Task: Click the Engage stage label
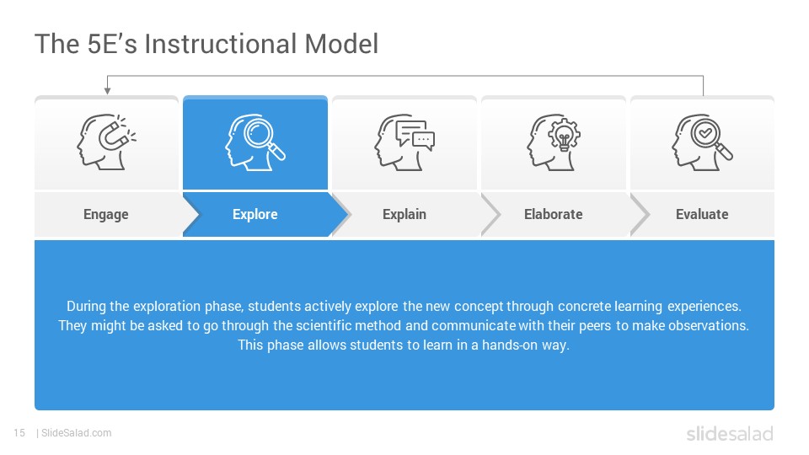coord(106,214)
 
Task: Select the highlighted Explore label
coord(254,214)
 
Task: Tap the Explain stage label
coord(404,214)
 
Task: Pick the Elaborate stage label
coord(553,214)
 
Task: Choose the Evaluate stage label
coord(702,214)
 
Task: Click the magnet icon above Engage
coord(107,142)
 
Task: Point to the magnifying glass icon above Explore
coord(254,142)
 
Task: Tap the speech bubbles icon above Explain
coord(404,142)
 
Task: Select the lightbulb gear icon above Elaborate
coord(554,142)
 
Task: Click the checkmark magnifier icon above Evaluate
coord(702,142)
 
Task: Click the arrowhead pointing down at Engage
coord(107,91)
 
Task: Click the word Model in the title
coord(341,44)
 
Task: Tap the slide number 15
coord(19,433)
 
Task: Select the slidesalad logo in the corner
coord(730,434)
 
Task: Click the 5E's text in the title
coord(112,44)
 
